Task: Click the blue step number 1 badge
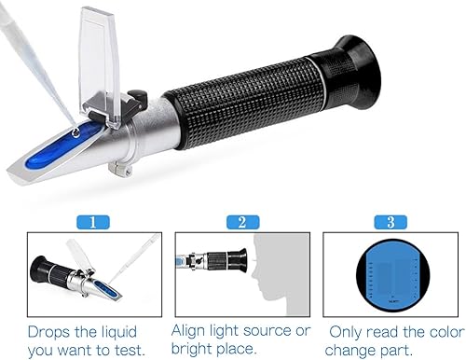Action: pos(93,222)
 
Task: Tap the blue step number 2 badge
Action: pos(242,222)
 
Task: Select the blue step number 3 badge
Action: pos(391,222)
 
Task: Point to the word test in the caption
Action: pos(129,351)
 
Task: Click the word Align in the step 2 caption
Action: pos(188,331)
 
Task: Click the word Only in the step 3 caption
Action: pos(346,333)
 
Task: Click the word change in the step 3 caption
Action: pos(349,351)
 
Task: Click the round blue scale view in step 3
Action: pos(392,275)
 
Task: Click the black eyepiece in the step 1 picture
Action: pos(40,270)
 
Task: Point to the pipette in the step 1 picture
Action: pos(134,259)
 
